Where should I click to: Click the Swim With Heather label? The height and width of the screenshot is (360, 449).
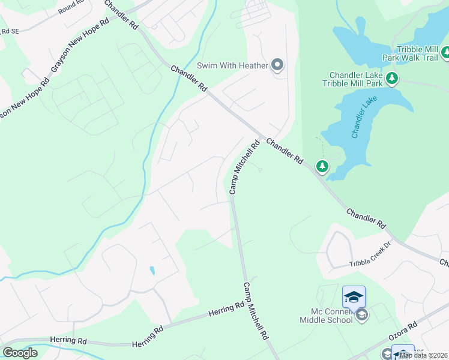pyautogui.click(x=232, y=65)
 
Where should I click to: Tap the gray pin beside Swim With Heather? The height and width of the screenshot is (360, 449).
pyautogui.click(x=277, y=65)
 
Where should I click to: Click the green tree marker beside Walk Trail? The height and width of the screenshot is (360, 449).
pyautogui.click(x=445, y=53)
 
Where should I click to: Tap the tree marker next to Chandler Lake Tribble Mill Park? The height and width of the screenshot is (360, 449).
pyautogui.click(x=391, y=78)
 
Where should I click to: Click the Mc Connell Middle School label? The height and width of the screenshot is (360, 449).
pyautogui.click(x=327, y=316)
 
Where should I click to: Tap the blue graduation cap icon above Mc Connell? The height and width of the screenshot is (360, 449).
pyautogui.click(x=354, y=296)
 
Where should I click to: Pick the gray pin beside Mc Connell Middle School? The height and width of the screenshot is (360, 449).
pyautogui.click(x=361, y=315)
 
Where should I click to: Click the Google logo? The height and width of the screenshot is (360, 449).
pyautogui.click(x=20, y=353)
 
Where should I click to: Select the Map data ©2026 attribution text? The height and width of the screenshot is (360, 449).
pyautogui.click(x=424, y=355)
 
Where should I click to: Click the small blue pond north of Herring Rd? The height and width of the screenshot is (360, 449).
pyautogui.click(x=152, y=271)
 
